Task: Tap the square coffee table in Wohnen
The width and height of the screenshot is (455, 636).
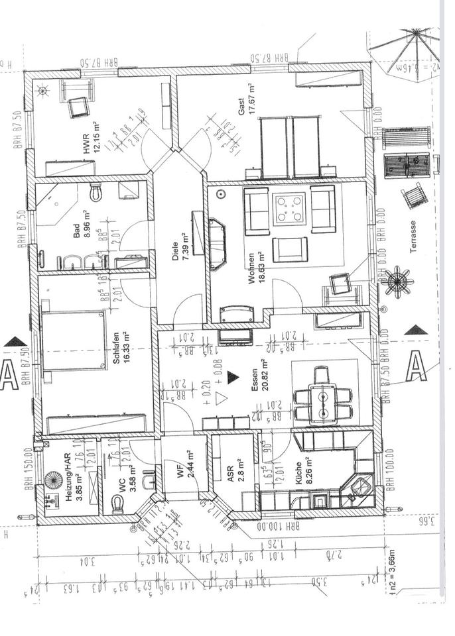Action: [291, 209]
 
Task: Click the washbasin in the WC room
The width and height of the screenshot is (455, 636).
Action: [151, 479]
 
